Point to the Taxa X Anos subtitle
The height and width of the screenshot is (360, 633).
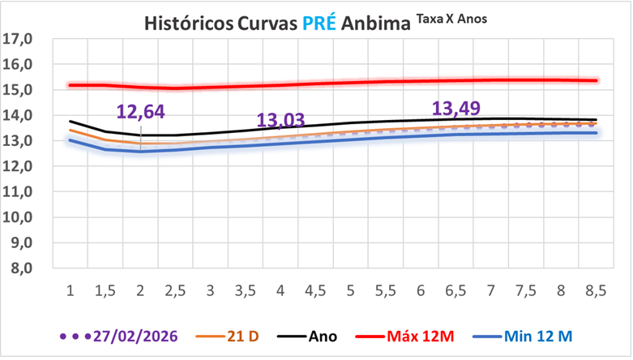452,18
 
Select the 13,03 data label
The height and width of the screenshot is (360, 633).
280,121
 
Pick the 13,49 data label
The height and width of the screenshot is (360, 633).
456,109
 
